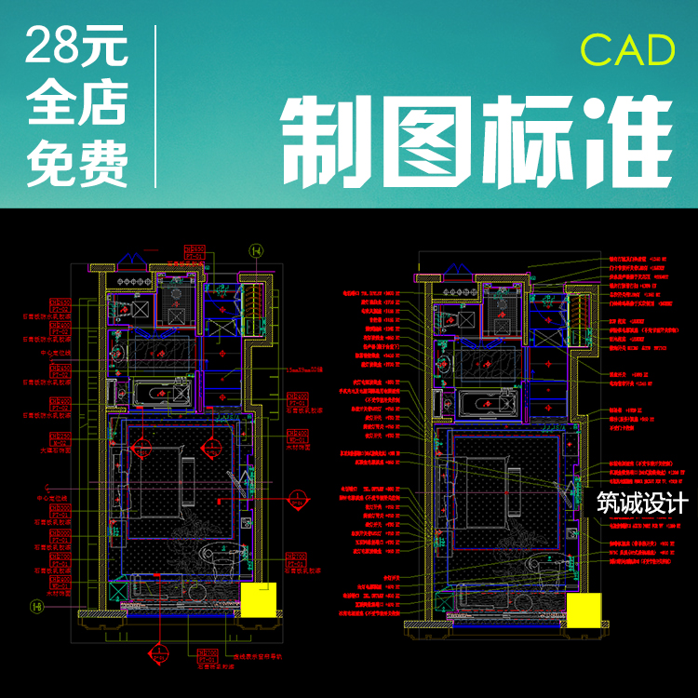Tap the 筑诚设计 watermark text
(x=641, y=503)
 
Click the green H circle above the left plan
(x=253, y=249)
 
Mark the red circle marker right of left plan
(x=295, y=497)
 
